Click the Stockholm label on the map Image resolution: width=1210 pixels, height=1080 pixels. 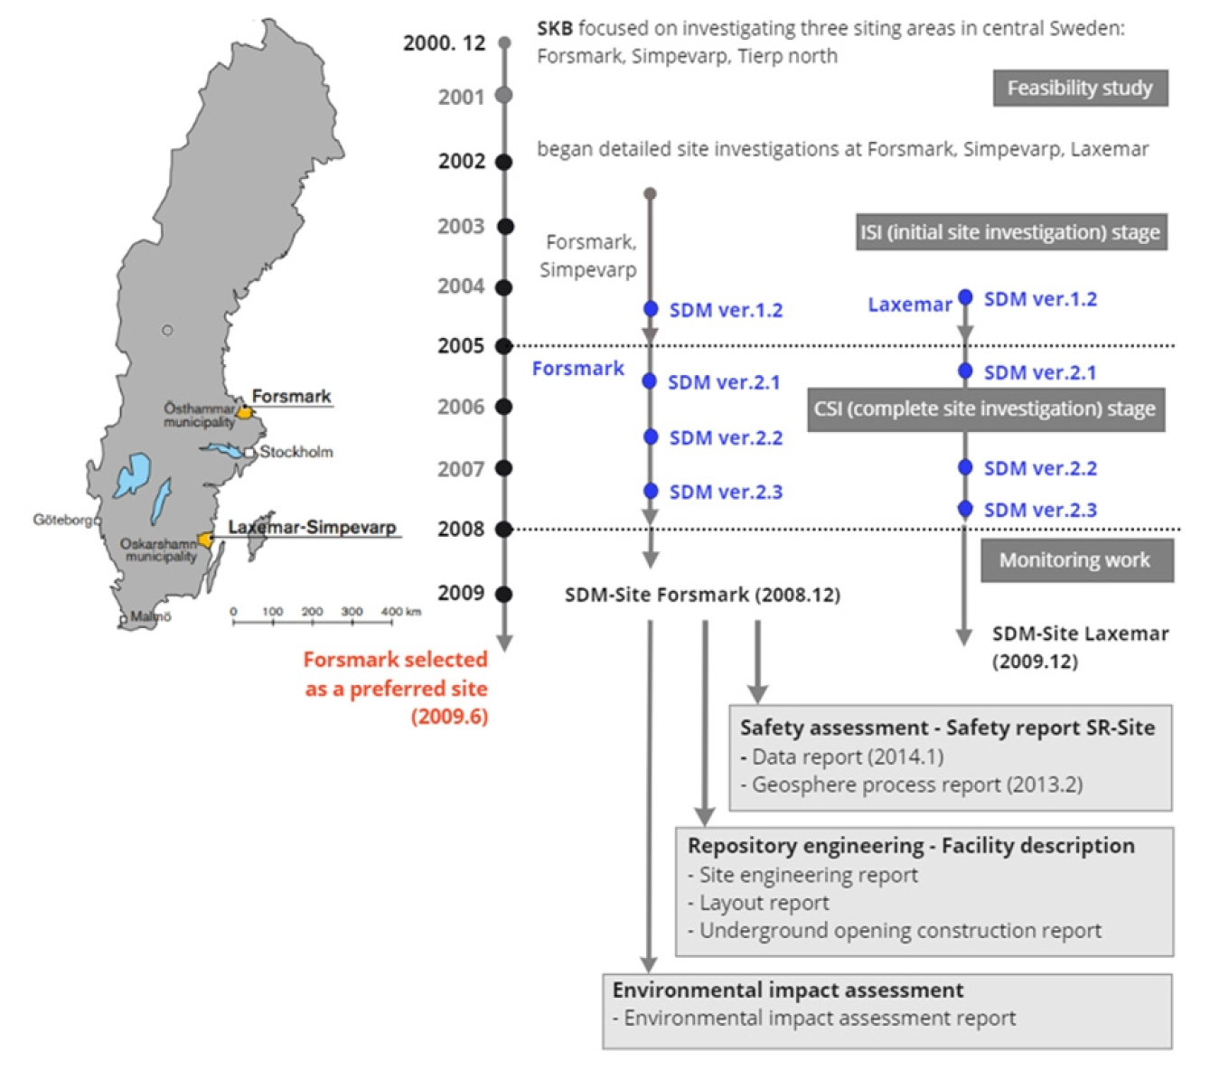295,452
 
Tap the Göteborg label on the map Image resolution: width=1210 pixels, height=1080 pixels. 62,520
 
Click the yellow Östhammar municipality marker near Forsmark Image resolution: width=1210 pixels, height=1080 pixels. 244,412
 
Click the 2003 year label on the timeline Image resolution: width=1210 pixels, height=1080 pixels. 461,227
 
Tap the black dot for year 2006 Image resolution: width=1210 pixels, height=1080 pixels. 504,407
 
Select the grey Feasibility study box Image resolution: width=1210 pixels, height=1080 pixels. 1080,88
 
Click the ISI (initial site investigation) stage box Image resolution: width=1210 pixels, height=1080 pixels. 1010,231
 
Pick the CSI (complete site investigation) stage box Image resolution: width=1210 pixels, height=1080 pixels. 985,409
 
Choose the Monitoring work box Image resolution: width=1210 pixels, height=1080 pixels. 1076,560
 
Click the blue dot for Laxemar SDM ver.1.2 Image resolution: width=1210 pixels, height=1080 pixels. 965,296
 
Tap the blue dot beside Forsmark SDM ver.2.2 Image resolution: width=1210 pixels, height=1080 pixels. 651,437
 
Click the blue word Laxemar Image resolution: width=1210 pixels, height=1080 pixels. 910,305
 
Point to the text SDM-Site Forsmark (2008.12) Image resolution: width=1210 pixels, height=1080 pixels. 702,595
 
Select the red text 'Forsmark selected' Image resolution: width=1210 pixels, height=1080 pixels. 396,660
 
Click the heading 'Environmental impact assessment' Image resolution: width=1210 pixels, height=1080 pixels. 788,990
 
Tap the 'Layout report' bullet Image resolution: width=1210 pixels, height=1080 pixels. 758,903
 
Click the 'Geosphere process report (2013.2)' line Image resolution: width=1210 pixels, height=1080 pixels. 912,784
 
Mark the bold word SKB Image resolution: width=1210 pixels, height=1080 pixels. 555,28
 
